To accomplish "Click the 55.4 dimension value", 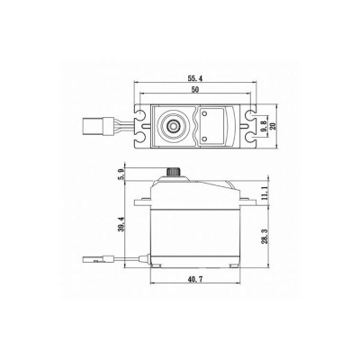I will click(x=195, y=79).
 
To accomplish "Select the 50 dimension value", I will click(x=195, y=91).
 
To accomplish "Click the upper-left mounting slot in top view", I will click(x=140, y=114).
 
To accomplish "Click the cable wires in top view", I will click(x=117, y=126).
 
